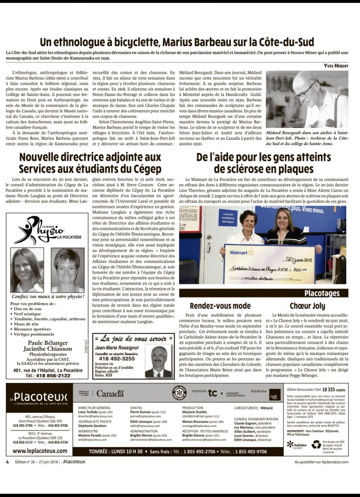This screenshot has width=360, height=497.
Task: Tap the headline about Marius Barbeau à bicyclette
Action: (177, 42)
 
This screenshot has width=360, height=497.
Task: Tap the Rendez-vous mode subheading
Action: (220, 306)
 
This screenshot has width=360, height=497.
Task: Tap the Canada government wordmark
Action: (109, 394)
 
